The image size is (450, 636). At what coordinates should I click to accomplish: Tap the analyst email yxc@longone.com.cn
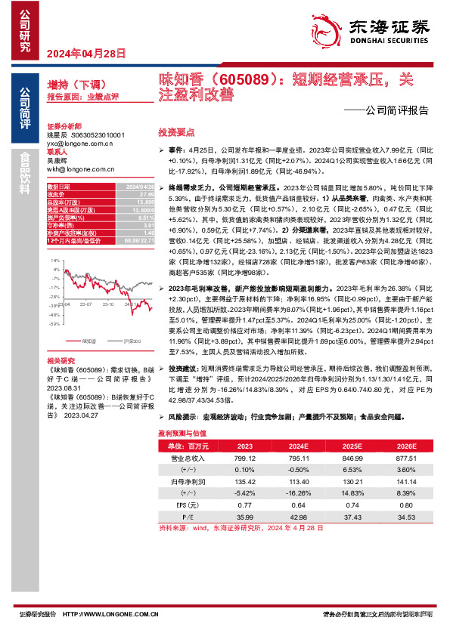79,142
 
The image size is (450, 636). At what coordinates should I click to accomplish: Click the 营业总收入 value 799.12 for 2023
247,458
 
